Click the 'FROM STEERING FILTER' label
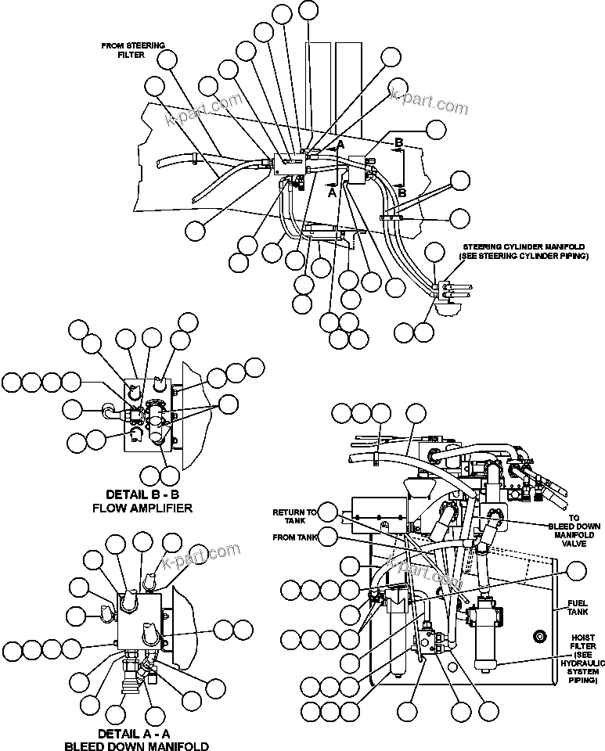133,50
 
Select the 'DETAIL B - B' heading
149,494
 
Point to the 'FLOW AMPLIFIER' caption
149,508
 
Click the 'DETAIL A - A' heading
136,734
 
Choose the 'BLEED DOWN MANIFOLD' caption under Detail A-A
136,746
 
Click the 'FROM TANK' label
293,537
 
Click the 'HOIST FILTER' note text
584,654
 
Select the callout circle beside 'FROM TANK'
329,537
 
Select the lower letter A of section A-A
332,191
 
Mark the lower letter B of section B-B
402,191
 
